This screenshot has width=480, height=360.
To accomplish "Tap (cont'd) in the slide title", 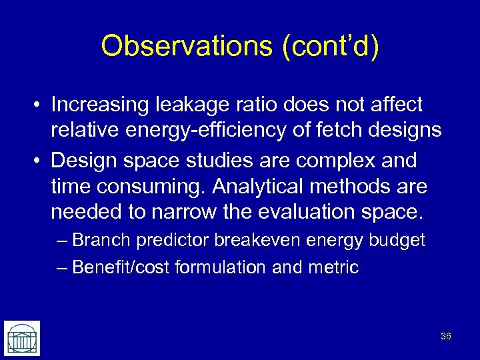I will pyautogui.click(x=330, y=46).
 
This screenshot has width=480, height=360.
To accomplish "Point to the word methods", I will pyautogui.click(x=375, y=186).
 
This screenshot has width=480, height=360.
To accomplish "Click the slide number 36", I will pyautogui.click(x=446, y=336).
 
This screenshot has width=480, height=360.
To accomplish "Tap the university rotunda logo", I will pyautogui.click(x=22, y=337).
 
